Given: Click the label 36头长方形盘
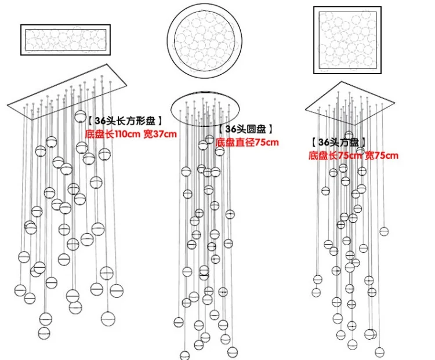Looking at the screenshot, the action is [x=125, y=121].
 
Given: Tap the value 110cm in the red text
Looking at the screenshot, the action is [x=128, y=134].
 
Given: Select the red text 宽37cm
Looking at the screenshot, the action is [x=160, y=134].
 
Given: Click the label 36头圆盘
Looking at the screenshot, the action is [x=245, y=129].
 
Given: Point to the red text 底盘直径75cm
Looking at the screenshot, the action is [x=247, y=143].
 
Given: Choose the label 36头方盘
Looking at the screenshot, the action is [x=339, y=142].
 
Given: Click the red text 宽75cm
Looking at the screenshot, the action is [x=382, y=155].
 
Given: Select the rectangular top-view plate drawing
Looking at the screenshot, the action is [x=66, y=39].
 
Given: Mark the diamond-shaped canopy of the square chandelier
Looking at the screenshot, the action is [x=341, y=82].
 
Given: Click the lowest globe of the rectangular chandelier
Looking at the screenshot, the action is [x=44, y=333].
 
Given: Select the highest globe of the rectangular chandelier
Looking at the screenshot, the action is [x=81, y=117].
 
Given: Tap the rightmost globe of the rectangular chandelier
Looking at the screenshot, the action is [x=117, y=290].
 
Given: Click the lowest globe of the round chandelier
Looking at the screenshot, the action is [x=185, y=356].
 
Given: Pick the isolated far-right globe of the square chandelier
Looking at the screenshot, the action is [x=384, y=231].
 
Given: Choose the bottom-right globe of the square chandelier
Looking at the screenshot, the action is [x=379, y=352].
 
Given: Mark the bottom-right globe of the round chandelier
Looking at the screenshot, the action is [x=233, y=352].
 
